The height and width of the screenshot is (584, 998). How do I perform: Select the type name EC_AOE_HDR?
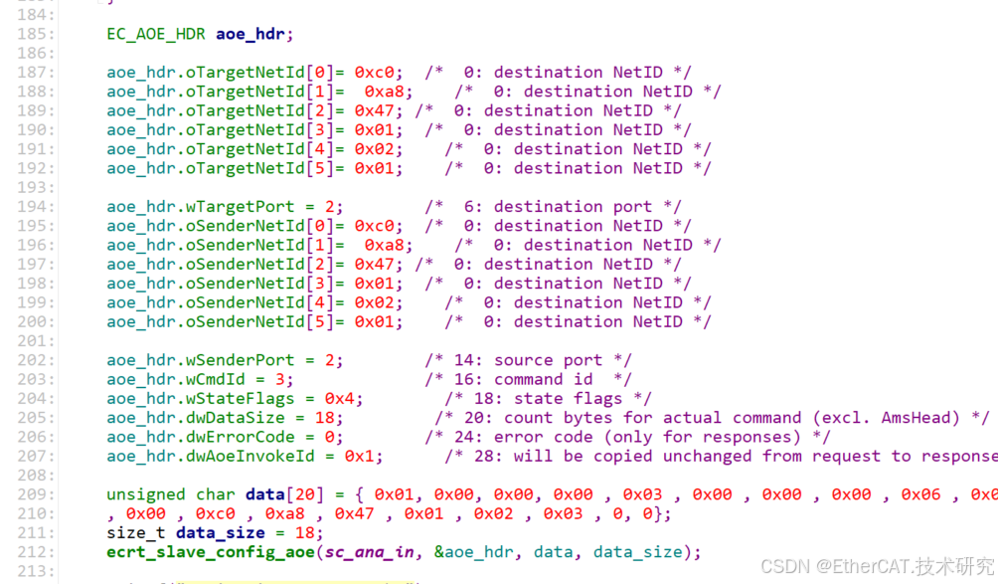tap(156, 34)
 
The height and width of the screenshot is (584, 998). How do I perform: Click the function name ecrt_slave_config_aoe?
tap(211, 552)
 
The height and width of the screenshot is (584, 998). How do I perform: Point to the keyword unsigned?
tap(146, 494)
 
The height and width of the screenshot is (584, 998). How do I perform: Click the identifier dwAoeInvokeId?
tap(260, 457)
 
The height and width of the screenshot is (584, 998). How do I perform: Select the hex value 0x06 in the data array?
tap(920, 494)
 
